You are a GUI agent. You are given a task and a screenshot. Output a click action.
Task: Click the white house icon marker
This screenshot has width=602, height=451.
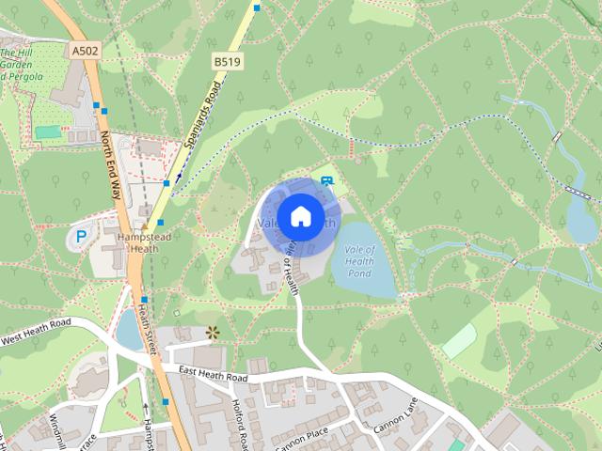coord(299,217)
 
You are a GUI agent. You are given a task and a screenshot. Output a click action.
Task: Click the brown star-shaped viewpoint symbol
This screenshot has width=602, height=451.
coord(213,331)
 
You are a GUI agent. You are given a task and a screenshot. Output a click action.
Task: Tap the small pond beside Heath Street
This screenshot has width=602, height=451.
coord(128,329)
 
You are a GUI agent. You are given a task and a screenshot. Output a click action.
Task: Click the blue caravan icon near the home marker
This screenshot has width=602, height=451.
coord(326,179)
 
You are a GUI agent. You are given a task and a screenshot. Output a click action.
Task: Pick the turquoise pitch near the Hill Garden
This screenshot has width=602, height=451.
coord(48,132)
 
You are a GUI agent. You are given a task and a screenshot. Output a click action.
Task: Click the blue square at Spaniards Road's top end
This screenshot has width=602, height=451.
coord(257,8)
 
